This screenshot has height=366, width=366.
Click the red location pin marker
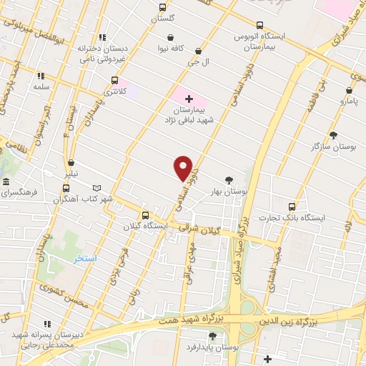(x=184, y=167)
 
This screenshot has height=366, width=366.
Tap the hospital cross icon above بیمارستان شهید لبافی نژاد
(x=189, y=98)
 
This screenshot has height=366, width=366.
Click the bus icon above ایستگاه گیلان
(x=146, y=214)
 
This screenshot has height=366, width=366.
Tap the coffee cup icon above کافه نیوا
(x=170, y=37)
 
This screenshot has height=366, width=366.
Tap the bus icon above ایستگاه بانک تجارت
(x=290, y=206)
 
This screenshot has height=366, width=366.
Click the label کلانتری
(x=114, y=91)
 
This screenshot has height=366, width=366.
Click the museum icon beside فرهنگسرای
(x=6, y=182)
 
